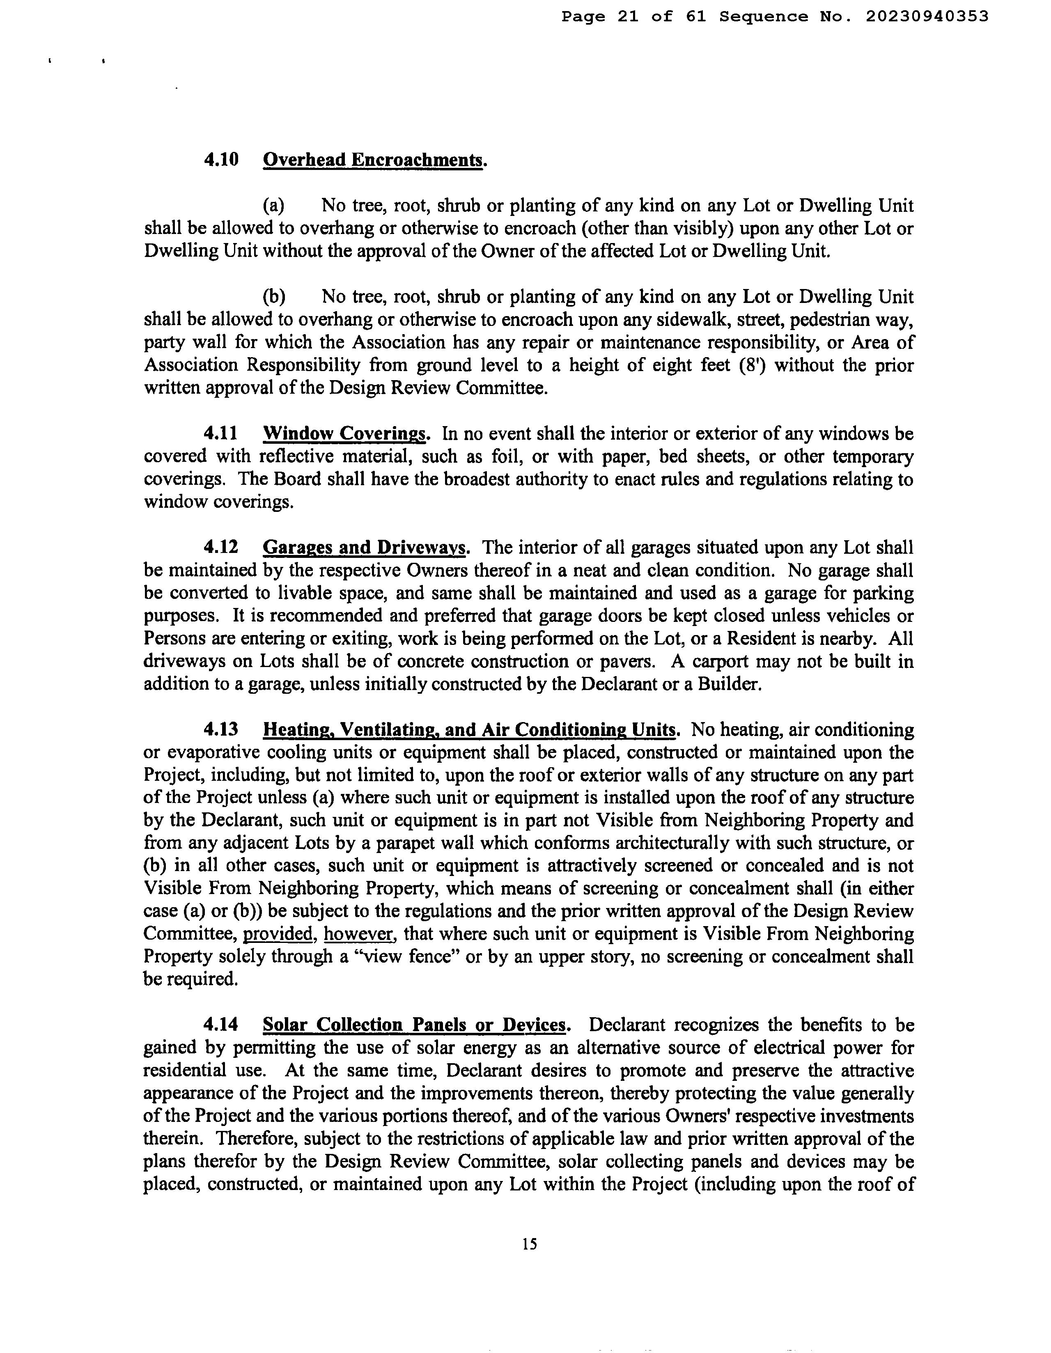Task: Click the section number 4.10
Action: point(221,160)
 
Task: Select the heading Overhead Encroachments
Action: point(373,160)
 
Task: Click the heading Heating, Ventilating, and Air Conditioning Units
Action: point(469,730)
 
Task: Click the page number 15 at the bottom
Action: point(529,1244)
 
